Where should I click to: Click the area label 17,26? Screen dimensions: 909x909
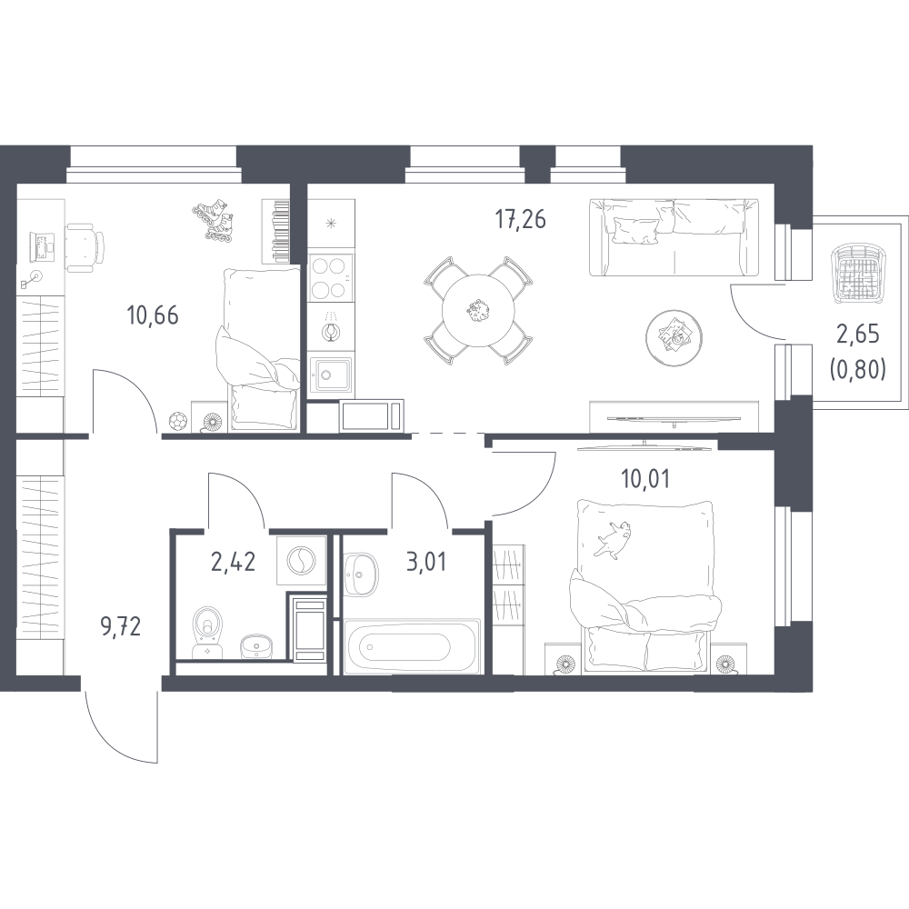pyautogui.click(x=520, y=220)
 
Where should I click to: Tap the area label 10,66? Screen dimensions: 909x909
pyautogui.click(x=153, y=316)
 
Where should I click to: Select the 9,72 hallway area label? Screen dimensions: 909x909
pyautogui.click(x=121, y=626)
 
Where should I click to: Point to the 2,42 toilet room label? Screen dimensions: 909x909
pyautogui.click(x=233, y=563)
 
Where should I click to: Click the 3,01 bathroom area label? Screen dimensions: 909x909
pyautogui.click(x=426, y=563)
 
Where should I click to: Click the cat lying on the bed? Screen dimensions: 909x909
pyautogui.click(x=613, y=538)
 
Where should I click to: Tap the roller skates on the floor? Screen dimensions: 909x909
pyautogui.click(x=214, y=219)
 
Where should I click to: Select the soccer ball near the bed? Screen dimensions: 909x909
pyautogui.click(x=177, y=421)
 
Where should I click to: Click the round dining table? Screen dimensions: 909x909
pyautogui.click(x=478, y=310)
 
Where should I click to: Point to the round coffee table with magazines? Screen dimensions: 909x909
pyautogui.click(x=674, y=337)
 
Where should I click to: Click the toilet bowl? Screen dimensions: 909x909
pyautogui.click(x=207, y=632)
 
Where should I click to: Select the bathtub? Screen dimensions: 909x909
pyautogui.click(x=412, y=646)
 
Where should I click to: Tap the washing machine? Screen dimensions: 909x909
pyautogui.click(x=302, y=562)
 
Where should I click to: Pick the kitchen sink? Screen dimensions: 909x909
pyautogui.click(x=331, y=375)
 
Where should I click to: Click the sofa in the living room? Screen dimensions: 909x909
pyautogui.click(x=674, y=237)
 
